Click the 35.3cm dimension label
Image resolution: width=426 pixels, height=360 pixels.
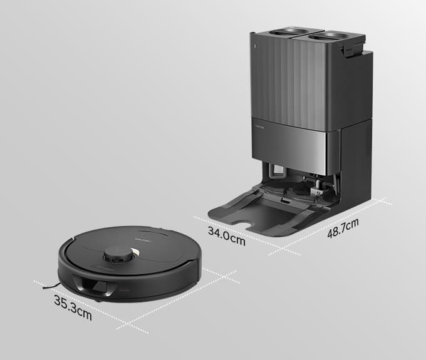click(x=73, y=307)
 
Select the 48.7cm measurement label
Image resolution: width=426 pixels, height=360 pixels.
click(x=343, y=228)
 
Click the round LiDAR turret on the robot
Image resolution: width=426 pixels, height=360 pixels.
click(x=118, y=255)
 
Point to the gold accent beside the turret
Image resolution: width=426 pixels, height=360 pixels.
click(x=135, y=252)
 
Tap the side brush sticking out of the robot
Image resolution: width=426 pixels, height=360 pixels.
click(x=51, y=286)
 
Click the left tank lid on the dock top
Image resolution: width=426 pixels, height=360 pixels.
click(x=289, y=32)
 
